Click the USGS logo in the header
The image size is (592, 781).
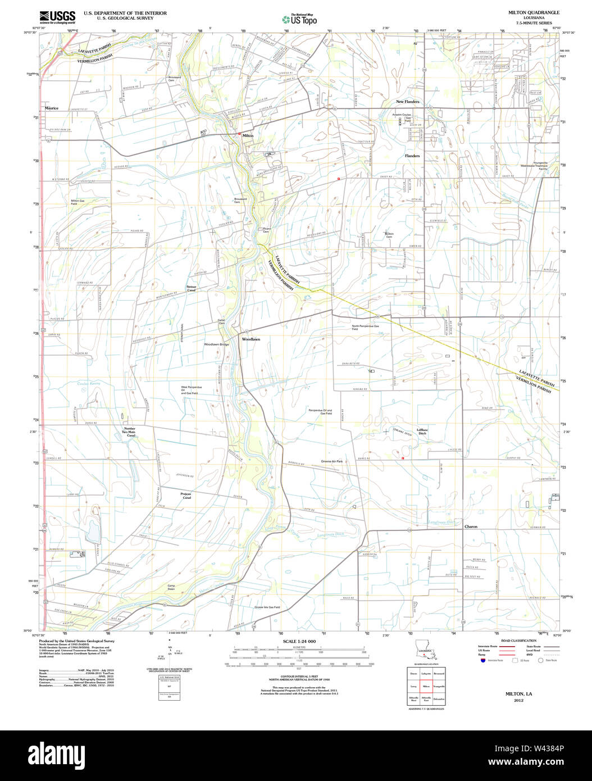coord(57,17)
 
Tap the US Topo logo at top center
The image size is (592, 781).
coord(299,19)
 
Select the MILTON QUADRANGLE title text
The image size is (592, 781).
coord(534,12)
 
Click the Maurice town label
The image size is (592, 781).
coord(52,108)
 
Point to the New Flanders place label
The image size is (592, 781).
coord(407,102)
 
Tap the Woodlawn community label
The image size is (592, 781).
coord(251,339)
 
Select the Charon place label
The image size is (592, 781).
coord(471,526)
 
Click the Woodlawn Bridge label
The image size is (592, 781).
coord(216,344)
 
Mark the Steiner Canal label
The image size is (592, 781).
coord(192,288)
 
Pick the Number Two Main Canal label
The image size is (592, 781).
coord(130,432)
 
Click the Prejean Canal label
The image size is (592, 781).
coord(186,496)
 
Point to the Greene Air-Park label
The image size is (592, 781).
coord(331,461)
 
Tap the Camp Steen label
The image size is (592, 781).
coord(171,587)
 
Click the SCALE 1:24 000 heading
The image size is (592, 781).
coord(299,641)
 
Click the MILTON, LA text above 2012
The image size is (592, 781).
coord(518,693)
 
